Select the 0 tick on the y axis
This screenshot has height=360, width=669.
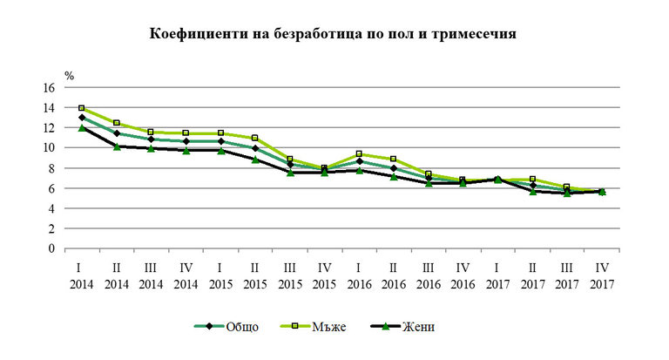[51, 248]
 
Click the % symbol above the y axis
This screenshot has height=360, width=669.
[69, 76]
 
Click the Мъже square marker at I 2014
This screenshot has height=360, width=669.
[82, 109]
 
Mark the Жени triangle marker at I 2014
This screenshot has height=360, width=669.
[82, 127]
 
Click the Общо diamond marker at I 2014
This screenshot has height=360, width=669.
[82, 118]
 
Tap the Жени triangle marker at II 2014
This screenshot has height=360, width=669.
[116, 146]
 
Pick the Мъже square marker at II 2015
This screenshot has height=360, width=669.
[254, 138]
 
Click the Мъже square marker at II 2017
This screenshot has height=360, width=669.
[531, 179]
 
